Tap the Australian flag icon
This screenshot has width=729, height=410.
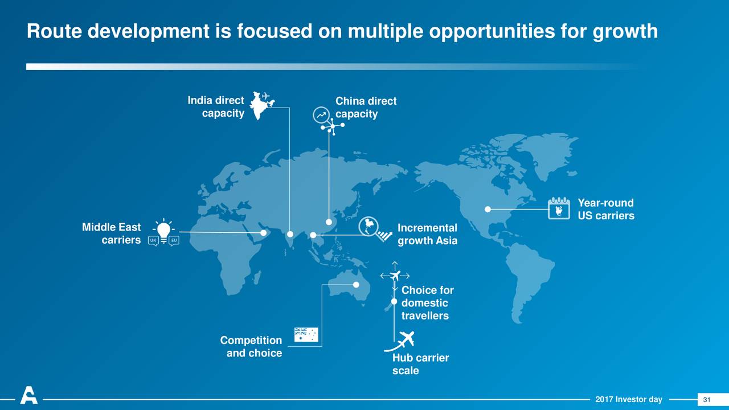point(306,334)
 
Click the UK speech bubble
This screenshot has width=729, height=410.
point(153,241)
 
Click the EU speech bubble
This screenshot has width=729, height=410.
point(174,241)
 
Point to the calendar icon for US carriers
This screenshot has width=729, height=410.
point(559,208)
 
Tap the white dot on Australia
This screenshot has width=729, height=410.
point(356,285)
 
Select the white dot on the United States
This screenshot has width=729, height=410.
point(488,209)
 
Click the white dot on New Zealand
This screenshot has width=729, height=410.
point(394,302)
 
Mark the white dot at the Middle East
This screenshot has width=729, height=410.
point(263,233)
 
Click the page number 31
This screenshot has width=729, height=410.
point(707,400)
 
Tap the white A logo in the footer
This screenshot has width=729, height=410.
point(28,395)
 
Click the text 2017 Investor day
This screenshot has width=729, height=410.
point(629,399)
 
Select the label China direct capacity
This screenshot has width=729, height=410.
point(366,108)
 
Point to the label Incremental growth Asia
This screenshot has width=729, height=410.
point(427,234)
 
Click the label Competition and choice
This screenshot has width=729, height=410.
point(251,347)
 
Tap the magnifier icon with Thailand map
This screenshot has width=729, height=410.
point(375,229)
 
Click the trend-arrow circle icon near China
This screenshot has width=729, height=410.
point(321,115)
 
